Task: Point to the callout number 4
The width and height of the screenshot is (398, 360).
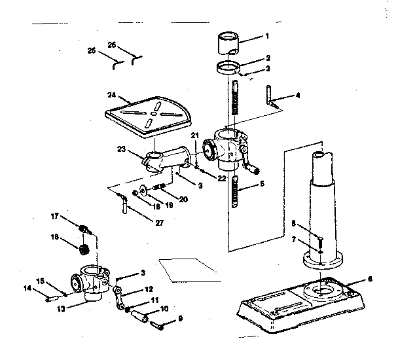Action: tap(298, 96)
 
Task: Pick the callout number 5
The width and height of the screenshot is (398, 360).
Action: tap(262, 185)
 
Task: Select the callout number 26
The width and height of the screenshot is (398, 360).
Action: tap(112, 45)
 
